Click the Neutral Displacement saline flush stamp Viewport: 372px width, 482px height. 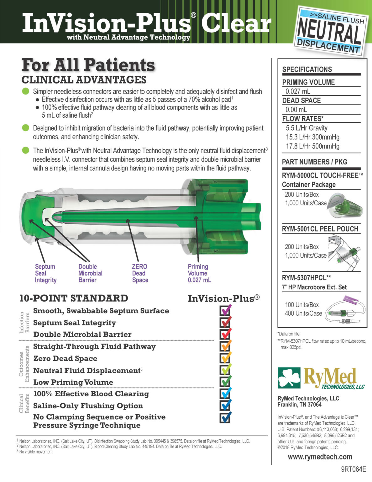click(x=331, y=31)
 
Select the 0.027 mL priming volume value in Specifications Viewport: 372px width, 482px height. click(x=298, y=91)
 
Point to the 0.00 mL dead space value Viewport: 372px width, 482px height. click(x=296, y=110)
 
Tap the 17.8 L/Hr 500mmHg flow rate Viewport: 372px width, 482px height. click(x=312, y=146)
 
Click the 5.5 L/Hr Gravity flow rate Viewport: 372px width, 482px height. click(x=307, y=128)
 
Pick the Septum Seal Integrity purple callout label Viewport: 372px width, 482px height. click(x=45, y=273)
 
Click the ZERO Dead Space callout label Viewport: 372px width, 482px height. click(x=140, y=273)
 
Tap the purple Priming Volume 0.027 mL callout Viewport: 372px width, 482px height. click(x=199, y=273)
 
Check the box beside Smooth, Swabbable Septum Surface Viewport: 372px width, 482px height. click(x=225, y=311)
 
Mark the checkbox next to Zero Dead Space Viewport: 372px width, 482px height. click(x=225, y=358)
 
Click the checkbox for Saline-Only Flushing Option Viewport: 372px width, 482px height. click(x=225, y=405)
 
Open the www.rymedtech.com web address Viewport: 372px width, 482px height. click(x=320, y=457)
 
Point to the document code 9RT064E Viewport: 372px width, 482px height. click(x=354, y=469)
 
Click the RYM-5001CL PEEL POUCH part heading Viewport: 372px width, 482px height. click(x=320, y=229)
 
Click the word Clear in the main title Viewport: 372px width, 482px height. click(x=236, y=24)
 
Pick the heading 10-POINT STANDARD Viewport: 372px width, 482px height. click(x=74, y=298)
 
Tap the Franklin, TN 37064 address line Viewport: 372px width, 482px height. click(x=299, y=405)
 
